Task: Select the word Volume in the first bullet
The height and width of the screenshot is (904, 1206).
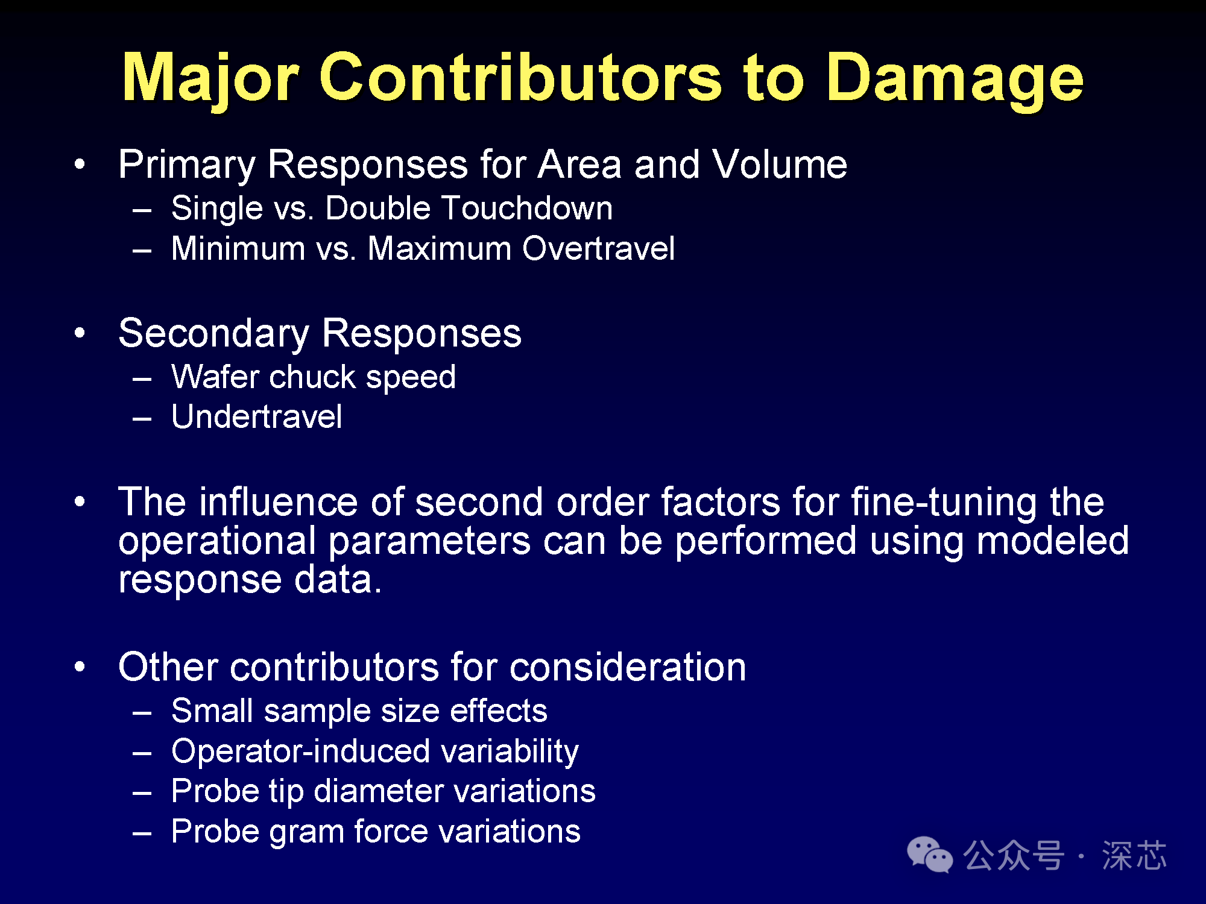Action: click(x=779, y=164)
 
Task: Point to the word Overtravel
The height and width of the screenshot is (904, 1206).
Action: click(x=598, y=248)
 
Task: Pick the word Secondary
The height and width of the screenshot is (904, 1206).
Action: click(x=213, y=333)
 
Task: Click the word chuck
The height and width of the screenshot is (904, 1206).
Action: click(x=312, y=377)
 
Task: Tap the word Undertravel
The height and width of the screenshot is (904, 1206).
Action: click(x=256, y=417)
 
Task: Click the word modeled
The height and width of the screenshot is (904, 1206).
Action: click(x=1052, y=540)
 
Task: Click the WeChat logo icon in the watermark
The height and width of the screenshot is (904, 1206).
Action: click(x=930, y=855)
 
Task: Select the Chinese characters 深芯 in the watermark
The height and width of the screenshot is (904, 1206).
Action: click(x=1134, y=855)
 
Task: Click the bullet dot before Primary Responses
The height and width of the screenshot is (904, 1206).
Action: click(x=80, y=164)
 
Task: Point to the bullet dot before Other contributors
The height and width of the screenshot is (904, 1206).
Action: click(x=80, y=667)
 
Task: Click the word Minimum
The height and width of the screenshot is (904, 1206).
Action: click(x=238, y=248)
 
